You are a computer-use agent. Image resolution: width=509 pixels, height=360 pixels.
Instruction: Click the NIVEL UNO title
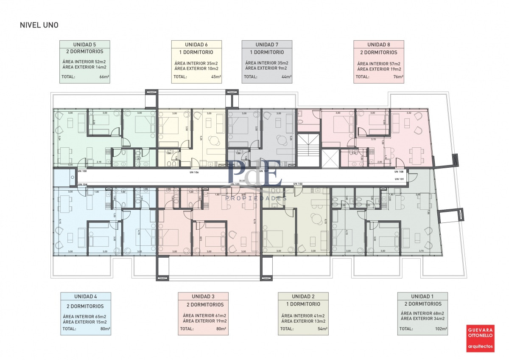39,25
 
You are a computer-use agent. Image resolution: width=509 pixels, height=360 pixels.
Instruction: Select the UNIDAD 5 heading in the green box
84,45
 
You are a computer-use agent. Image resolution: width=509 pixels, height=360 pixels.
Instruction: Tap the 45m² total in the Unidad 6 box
215,77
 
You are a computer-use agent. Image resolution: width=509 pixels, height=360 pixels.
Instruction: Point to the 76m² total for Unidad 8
398,77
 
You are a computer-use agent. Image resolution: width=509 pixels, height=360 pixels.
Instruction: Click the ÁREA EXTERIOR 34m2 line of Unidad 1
422,318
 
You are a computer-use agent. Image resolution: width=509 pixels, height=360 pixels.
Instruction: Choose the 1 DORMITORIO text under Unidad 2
303,304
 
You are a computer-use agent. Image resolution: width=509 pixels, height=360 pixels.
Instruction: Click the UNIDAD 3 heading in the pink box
203,296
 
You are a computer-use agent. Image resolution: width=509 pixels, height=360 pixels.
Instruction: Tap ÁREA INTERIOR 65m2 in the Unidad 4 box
84,316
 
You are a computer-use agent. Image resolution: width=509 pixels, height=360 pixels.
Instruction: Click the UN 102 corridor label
298,184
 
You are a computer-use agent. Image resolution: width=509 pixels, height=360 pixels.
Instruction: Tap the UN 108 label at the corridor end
399,172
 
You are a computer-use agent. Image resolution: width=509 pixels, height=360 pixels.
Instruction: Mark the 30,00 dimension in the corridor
242,180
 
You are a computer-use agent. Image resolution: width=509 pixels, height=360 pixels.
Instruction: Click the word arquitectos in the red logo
480,346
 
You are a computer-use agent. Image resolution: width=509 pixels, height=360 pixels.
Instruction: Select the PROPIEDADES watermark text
256,198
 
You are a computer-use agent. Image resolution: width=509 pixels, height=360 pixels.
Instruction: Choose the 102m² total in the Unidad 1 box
441,329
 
